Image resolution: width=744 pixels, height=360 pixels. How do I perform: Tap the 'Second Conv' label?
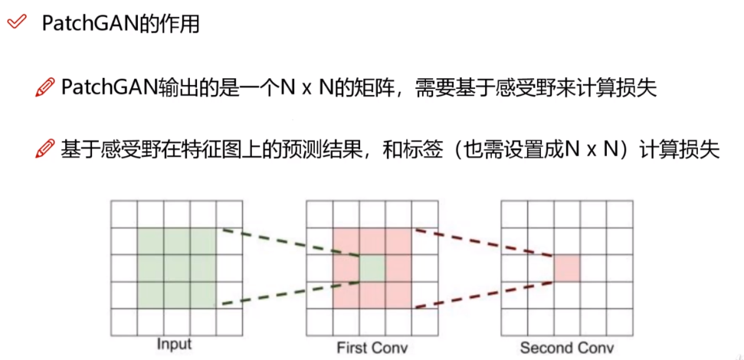(566, 347)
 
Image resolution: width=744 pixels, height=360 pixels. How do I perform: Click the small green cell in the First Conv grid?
(372, 268)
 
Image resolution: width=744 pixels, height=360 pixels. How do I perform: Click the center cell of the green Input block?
(177, 268)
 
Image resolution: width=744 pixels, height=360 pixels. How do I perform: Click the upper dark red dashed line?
(483, 243)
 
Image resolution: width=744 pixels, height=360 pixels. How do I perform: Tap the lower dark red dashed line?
(483, 293)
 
